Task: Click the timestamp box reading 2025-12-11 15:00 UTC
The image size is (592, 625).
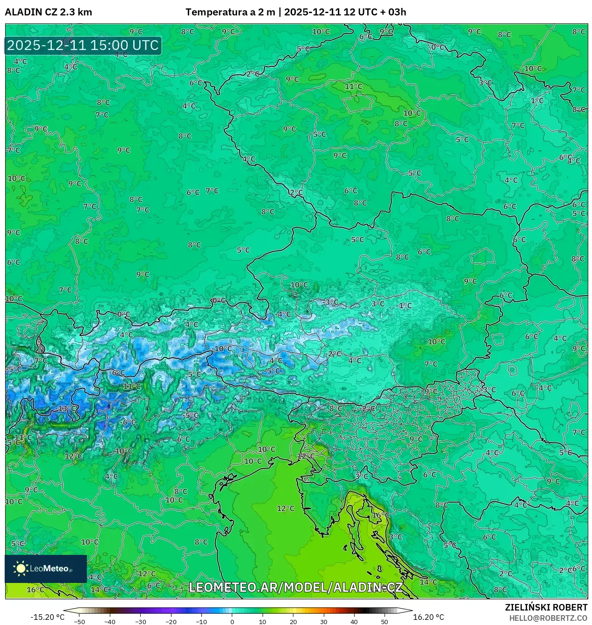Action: [x=83, y=45]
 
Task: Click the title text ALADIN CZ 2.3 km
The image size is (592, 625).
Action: [x=48, y=12]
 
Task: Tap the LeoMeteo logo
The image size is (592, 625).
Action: [x=46, y=568]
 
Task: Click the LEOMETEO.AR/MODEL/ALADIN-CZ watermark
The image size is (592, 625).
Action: [x=295, y=587]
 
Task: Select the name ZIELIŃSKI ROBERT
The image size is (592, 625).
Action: [x=546, y=607]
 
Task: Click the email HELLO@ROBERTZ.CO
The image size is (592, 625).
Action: [x=548, y=618]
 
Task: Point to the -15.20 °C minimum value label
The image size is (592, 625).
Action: [x=47, y=617]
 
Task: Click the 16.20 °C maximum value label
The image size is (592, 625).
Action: [x=428, y=617]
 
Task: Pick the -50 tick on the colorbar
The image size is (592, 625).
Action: [x=79, y=621]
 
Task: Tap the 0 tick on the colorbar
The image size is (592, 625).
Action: [x=232, y=621]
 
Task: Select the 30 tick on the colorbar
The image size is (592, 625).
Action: [x=323, y=621]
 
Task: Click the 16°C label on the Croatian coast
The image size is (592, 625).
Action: [x=380, y=515]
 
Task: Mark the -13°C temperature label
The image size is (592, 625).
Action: [x=67, y=408]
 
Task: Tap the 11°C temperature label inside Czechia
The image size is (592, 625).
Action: [x=353, y=86]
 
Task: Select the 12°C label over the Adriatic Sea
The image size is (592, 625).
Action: [x=285, y=508]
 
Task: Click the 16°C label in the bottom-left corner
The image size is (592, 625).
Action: [x=35, y=589]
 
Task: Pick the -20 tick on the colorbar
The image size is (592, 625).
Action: [x=171, y=621]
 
